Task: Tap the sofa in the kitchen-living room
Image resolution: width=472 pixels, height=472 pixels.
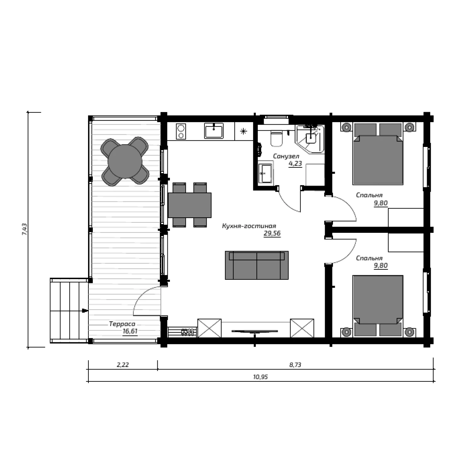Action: pos(257,265)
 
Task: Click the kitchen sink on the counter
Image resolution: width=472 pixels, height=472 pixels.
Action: pos(214,131)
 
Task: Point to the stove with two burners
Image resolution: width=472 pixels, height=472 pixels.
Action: pos(181,132)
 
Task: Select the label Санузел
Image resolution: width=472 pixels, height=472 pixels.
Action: pos(286,156)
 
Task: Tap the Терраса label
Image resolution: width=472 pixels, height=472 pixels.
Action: pos(122,324)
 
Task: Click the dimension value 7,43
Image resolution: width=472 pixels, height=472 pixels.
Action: pos(25,229)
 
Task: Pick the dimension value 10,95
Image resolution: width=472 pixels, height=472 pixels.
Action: pos(261,377)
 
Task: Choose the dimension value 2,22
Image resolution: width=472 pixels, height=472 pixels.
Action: pos(123,365)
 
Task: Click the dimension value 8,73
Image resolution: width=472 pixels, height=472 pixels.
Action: pos(295,365)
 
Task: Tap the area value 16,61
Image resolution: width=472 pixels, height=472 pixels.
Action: pos(130,331)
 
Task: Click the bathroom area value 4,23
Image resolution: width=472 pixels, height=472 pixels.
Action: pos(295,163)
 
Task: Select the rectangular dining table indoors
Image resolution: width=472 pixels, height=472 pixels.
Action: pos(190,205)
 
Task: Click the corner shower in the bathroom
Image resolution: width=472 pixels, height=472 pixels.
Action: pos(310,139)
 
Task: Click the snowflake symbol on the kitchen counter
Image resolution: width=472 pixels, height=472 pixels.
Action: pos(243,132)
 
